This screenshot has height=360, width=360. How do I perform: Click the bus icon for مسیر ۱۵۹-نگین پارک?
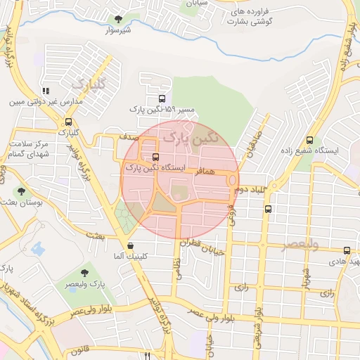click(x=162, y=99)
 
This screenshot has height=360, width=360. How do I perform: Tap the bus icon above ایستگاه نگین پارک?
click(x=155, y=157)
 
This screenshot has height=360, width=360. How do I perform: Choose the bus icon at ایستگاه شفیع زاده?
click(x=309, y=140)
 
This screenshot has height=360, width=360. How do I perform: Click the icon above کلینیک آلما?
click(x=130, y=245)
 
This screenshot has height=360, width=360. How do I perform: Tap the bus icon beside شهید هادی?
click(x=347, y=250)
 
